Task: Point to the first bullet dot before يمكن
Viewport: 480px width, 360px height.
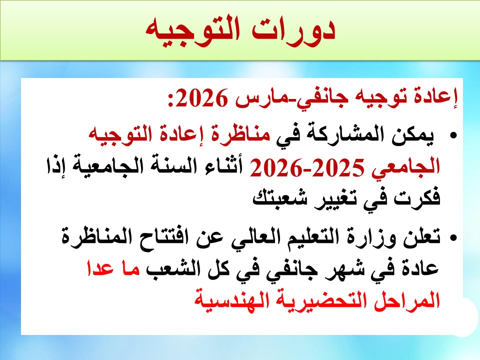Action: pos(453,135)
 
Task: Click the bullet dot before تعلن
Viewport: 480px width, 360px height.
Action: pos(453,237)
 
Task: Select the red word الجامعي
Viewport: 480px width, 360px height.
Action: pos(406,167)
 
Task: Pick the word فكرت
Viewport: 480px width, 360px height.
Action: pos(417,199)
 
